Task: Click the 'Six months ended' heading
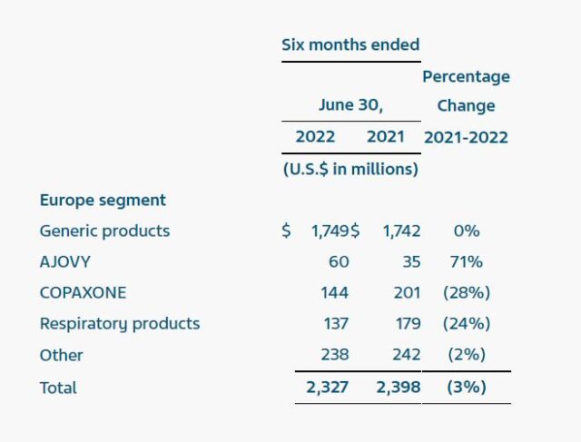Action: point(350,44)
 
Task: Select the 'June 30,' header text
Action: point(350,105)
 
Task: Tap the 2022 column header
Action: point(315,137)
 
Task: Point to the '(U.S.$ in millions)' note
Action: point(350,169)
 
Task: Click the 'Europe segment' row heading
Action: point(103,200)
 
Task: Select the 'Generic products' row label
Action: point(104,231)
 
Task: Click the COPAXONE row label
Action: point(83,293)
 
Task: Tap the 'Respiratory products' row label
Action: point(120,324)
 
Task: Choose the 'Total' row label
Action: point(58,388)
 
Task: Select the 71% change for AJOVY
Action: point(467,262)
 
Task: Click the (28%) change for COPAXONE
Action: point(467,293)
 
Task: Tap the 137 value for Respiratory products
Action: point(334,324)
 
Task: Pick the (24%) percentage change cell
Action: point(467,324)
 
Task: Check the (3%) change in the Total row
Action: point(467,388)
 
